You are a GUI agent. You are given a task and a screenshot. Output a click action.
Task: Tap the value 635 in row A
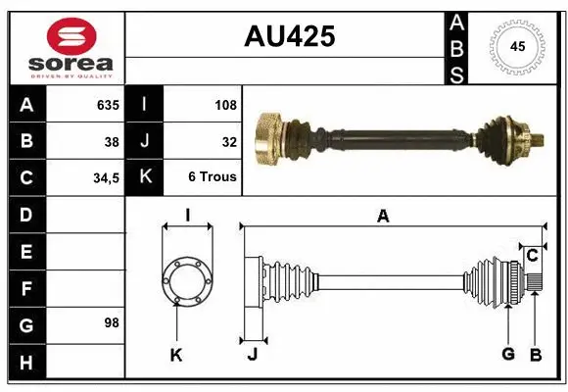107,104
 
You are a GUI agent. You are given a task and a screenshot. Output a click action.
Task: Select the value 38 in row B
112,141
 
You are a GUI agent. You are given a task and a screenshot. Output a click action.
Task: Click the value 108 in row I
225,104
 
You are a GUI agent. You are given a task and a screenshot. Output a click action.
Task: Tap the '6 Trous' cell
213,178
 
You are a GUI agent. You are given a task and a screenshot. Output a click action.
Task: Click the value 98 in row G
112,322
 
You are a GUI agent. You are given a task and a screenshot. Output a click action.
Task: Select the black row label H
25,363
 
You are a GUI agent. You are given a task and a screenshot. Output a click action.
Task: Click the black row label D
25,214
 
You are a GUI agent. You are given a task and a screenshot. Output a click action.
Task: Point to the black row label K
145,178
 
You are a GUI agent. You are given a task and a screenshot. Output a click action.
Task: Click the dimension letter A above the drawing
383,217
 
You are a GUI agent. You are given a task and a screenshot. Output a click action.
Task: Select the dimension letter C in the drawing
532,256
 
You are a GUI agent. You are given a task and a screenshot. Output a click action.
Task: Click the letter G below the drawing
508,354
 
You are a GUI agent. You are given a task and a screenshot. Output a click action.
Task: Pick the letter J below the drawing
252,355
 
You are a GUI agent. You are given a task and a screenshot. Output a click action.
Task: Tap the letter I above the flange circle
186,215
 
